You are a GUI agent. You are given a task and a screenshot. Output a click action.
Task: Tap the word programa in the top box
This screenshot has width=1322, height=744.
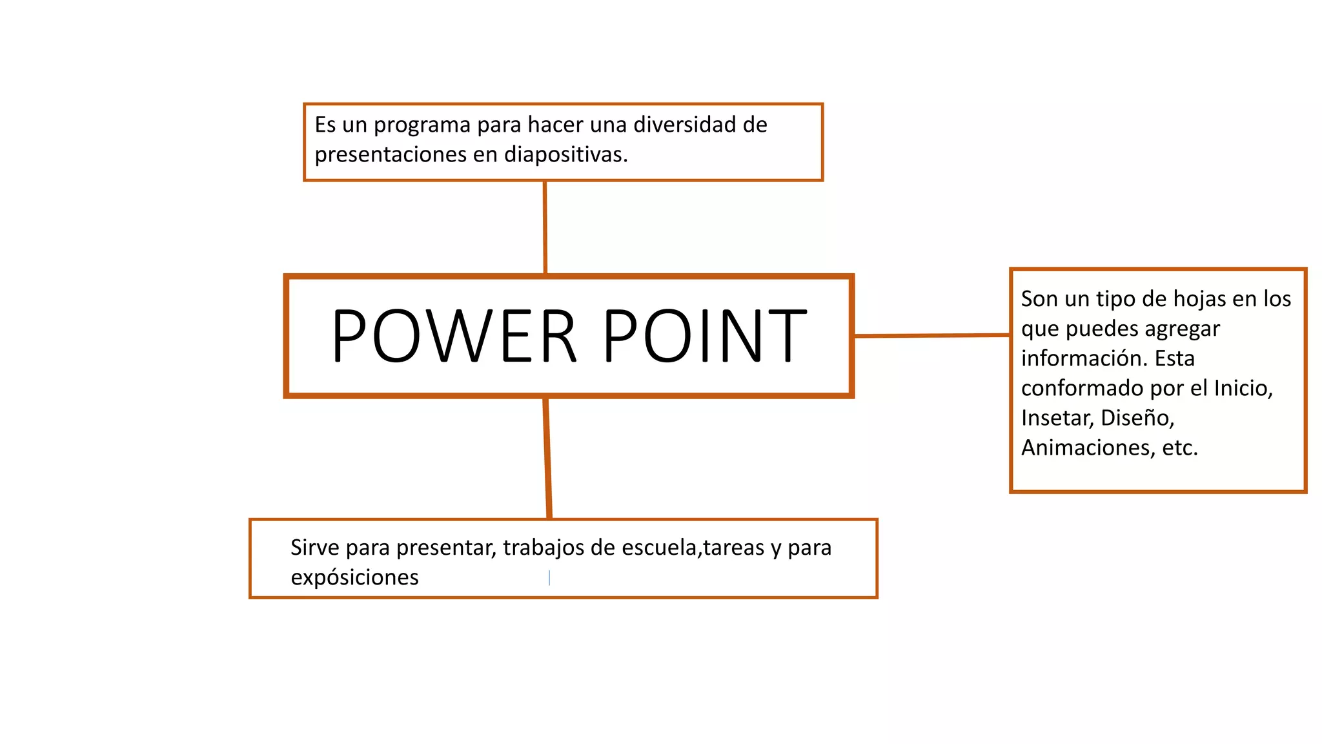point(422,125)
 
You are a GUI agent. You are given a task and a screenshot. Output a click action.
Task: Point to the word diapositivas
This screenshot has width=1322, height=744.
point(565,155)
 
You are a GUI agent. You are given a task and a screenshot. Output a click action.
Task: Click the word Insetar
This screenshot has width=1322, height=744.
point(1057,418)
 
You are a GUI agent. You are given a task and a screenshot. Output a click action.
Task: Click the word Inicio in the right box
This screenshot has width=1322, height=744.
point(1243,388)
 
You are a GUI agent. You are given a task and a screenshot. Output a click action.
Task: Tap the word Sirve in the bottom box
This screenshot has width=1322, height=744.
point(315,548)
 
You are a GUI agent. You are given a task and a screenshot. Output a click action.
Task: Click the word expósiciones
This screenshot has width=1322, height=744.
point(354,577)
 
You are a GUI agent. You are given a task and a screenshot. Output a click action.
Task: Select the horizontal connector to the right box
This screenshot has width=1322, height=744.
point(931,335)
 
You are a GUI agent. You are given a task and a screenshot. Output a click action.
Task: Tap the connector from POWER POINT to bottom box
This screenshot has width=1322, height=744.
point(547,458)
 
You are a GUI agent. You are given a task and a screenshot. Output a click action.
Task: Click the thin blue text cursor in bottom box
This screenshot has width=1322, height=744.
point(549,577)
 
